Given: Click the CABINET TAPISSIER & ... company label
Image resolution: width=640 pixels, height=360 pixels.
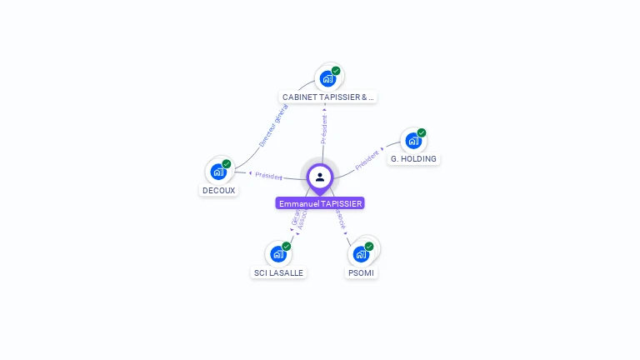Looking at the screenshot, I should coord(328,97).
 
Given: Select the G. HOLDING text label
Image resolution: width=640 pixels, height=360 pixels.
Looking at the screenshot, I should coord(413,158).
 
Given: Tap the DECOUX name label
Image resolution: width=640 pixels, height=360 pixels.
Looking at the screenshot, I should coord(218,190).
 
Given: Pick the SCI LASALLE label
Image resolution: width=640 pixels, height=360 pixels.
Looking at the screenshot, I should coord(278,272).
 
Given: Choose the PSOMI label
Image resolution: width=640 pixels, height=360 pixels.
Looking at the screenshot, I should coord(361,272).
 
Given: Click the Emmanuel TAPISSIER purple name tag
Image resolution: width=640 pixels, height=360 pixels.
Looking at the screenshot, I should coord(321,203).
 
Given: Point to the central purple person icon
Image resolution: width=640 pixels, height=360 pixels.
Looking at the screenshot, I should coord(320,177).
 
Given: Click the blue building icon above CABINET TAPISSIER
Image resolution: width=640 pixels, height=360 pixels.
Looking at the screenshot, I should coord(327,78).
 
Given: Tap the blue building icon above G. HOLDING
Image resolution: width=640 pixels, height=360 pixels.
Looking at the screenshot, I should coord(413,141).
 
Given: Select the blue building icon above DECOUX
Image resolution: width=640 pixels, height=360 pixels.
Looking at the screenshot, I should coord(218,172).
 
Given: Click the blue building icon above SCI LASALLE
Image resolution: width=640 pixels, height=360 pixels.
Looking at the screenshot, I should coord(277,254).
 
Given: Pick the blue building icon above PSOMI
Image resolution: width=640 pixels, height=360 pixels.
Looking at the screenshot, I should coord(361,254).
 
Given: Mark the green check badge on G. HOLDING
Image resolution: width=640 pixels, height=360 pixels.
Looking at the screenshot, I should coord(422,132).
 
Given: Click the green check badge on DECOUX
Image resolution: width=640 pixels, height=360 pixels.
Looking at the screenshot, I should coord(227,163).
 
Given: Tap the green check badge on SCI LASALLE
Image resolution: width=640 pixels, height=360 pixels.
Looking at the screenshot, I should coord(287,246).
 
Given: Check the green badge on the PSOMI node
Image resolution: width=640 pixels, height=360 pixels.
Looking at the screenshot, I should coord(369,246).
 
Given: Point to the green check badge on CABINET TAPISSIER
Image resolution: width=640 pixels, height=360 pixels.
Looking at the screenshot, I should coord(336,70).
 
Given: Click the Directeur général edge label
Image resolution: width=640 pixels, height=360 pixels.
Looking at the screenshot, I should coord(272,126).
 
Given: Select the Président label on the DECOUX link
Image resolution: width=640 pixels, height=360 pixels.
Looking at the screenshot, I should coord(268,176).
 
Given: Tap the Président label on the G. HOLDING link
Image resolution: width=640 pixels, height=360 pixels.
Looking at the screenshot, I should coord(367,160).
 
